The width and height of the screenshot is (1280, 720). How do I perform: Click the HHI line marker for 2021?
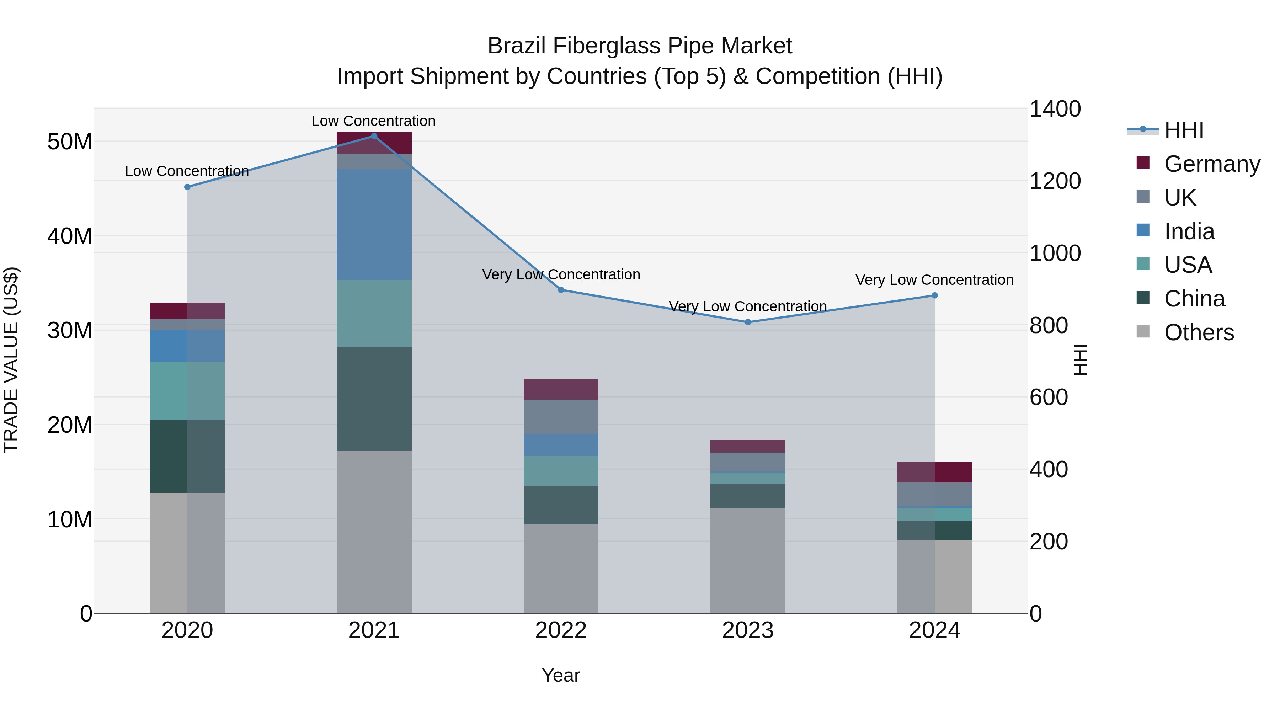click(x=374, y=136)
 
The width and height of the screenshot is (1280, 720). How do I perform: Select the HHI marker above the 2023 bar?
click(x=748, y=322)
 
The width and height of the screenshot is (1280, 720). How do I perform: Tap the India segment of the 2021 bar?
click(x=374, y=225)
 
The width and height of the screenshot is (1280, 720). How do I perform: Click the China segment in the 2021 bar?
click(x=374, y=399)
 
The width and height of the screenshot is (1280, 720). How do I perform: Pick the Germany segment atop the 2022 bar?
click(x=561, y=389)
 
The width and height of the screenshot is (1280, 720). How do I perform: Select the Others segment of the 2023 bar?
click(x=748, y=560)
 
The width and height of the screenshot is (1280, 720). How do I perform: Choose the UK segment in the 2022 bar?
click(x=561, y=417)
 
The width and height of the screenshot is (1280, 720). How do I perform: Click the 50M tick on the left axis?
click(x=70, y=142)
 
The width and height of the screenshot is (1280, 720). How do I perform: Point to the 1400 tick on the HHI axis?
click(x=1055, y=109)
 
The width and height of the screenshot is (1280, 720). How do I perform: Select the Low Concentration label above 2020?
click(x=187, y=171)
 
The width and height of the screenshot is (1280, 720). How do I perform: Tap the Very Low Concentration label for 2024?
click(x=934, y=280)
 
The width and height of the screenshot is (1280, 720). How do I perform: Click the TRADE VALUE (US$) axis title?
click(x=11, y=360)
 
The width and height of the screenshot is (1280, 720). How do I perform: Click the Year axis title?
click(x=561, y=675)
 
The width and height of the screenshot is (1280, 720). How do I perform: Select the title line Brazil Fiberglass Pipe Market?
click(x=640, y=46)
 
